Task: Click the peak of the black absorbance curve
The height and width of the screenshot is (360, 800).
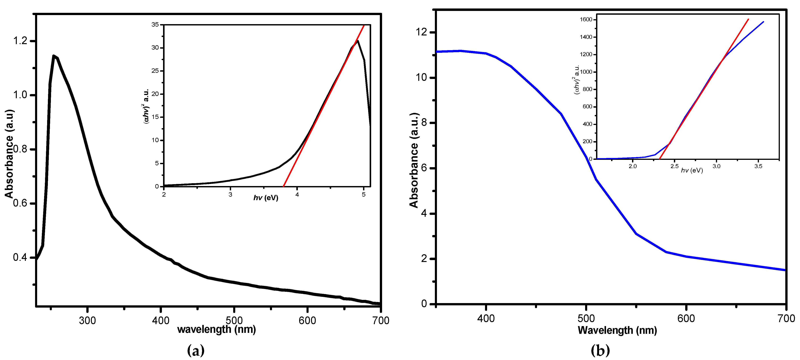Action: [x=54, y=56]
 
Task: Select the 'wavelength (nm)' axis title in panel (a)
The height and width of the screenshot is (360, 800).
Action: [x=216, y=329]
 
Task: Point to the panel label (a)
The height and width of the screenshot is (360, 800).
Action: [x=196, y=351]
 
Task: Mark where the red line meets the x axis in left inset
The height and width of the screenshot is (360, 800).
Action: [x=284, y=186]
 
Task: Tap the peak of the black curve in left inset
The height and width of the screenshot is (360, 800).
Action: [x=358, y=41]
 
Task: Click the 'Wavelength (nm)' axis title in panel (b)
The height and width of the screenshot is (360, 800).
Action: [x=617, y=330]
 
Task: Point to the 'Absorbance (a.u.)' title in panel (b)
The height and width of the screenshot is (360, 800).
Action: [x=414, y=160]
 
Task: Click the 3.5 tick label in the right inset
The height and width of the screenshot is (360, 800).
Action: [x=758, y=166]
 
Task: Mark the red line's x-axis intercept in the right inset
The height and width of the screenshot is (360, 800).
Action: [x=659, y=159]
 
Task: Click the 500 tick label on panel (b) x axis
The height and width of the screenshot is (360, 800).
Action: [x=586, y=318]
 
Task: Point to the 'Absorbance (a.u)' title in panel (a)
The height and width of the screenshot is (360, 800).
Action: [x=9, y=154]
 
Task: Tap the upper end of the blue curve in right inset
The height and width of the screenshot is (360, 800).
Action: [x=763, y=22]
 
